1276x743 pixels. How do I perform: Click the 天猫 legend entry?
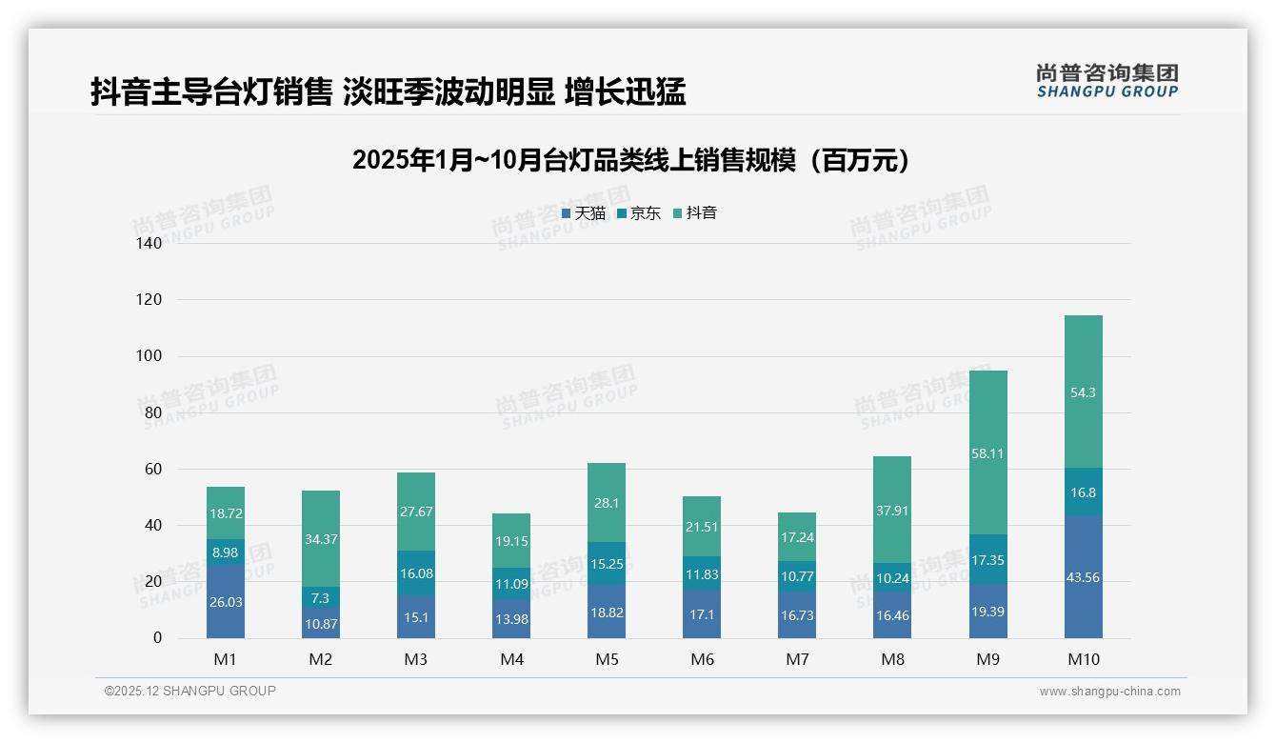click(x=584, y=213)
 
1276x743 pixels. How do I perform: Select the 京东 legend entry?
click(x=639, y=213)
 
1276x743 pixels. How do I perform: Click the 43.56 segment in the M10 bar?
click(x=1084, y=577)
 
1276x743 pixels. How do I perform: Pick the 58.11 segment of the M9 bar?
click(x=988, y=452)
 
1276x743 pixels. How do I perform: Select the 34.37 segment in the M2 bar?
click(x=321, y=539)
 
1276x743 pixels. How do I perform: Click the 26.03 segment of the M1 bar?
click(x=226, y=602)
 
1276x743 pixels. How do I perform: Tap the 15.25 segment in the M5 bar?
click(x=607, y=564)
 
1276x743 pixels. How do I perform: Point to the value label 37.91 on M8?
click(x=892, y=511)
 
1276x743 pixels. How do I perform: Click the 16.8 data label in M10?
click(x=1084, y=492)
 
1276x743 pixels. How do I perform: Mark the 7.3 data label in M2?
click(x=321, y=598)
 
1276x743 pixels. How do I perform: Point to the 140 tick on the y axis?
click(x=150, y=244)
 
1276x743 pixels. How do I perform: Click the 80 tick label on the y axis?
click(x=153, y=413)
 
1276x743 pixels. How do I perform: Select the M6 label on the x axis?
click(x=702, y=659)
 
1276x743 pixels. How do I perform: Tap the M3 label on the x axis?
click(x=416, y=659)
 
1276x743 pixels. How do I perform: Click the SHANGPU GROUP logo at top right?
click(x=1107, y=81)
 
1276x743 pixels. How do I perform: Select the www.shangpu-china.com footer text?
click(x=1109, y=692)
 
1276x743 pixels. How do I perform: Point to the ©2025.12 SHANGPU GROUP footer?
click(x=190, y=691)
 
